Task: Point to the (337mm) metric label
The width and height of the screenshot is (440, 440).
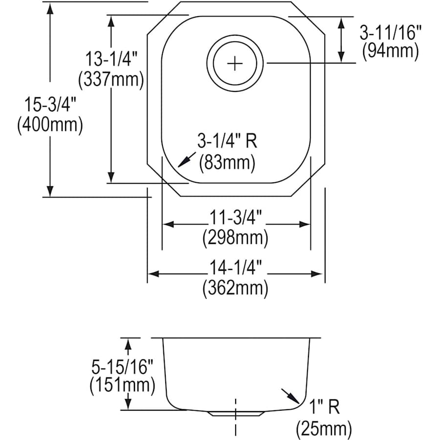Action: (x=113, y=79)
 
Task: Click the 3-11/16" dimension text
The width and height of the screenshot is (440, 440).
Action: (x=390, y=33)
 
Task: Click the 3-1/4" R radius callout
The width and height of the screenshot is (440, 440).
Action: (x=227, y=142)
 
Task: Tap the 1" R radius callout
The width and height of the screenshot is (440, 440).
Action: (x=324, y=407)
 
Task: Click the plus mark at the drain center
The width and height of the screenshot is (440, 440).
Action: (x=235, y=64)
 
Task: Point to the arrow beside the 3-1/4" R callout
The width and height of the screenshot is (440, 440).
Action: (x=185, y=160)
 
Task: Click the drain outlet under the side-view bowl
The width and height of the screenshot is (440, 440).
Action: (x=236, y=413)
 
